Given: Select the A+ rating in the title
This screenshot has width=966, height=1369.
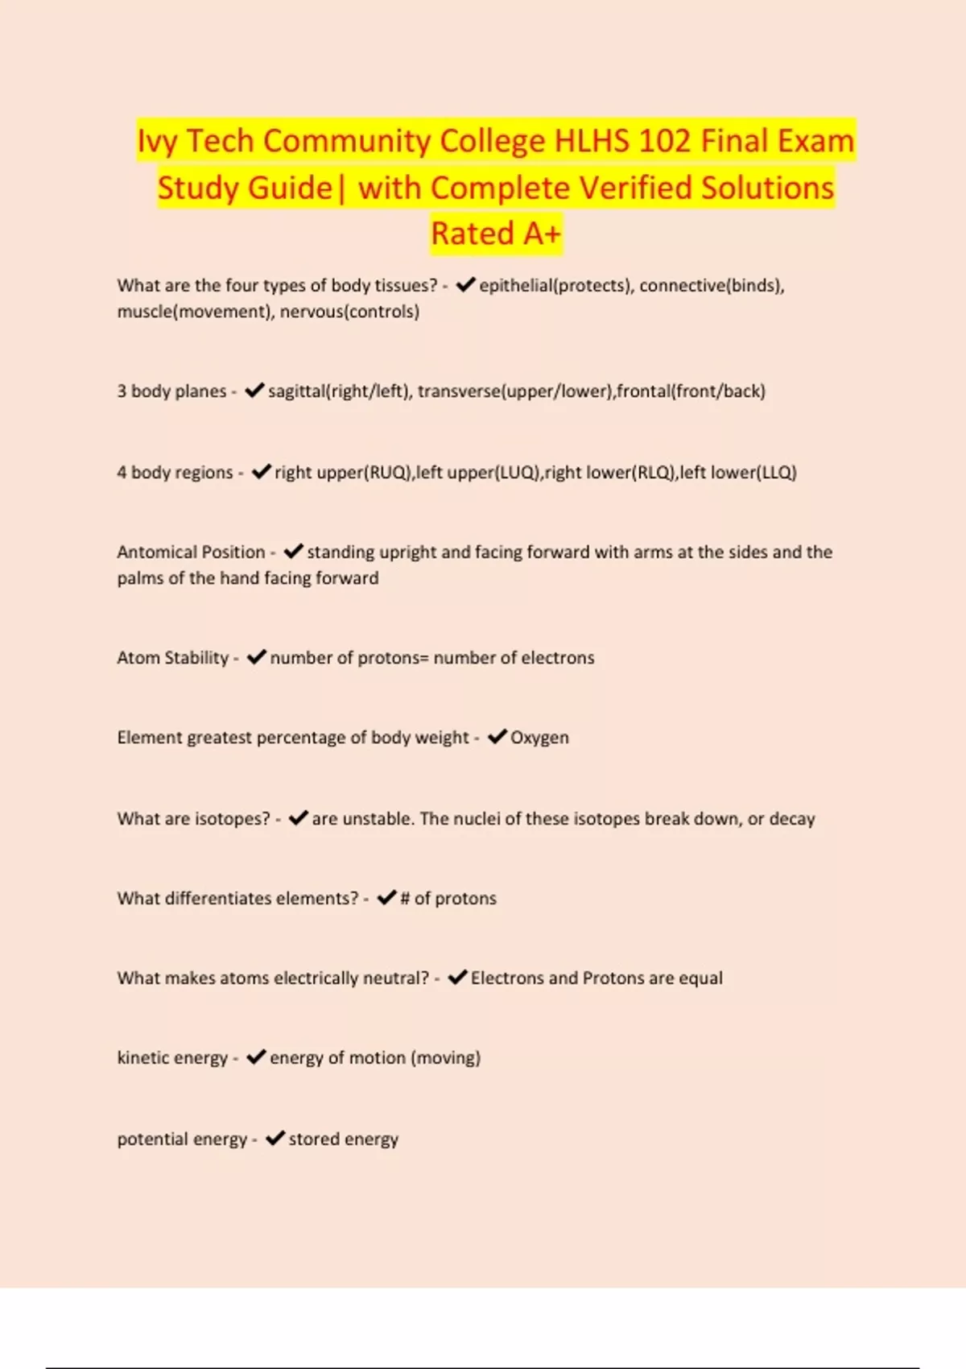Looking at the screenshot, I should coord(541,234).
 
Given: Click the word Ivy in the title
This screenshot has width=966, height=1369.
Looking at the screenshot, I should coord(156,141).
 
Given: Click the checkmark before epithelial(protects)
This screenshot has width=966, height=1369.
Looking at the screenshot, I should coord(465,285).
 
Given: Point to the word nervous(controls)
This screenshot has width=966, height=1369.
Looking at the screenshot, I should coord(349,312).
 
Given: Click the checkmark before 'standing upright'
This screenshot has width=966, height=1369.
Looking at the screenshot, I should coord(294,552).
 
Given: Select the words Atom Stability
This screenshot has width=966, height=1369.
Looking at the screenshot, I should coord(172,658).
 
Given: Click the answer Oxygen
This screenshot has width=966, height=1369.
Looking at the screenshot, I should coord(539,738).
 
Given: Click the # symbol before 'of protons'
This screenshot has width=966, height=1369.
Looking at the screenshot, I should coord(405,899).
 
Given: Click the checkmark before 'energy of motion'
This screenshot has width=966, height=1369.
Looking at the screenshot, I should coord(256,1057).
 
